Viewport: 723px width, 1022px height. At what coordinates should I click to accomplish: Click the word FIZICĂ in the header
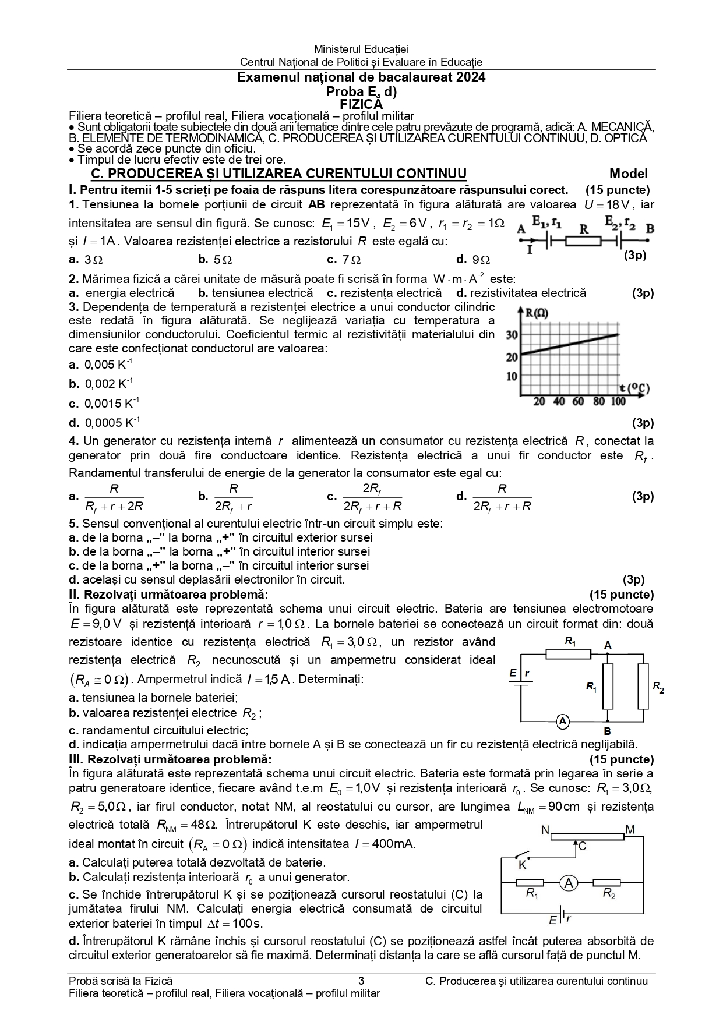click(x=361, y=104)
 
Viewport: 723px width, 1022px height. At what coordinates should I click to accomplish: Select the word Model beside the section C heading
click(x=628, y=174)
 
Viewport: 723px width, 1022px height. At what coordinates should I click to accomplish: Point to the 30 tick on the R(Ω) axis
click(x=512, y=335)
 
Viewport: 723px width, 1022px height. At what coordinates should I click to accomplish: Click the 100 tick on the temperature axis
click(x=618, y=401)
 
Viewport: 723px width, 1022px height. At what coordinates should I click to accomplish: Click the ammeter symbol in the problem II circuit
click(x=562, y=722)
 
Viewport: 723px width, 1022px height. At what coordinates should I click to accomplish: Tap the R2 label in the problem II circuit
click(x=658, y=687)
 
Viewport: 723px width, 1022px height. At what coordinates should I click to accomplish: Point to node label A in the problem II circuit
click(x=608, y=645)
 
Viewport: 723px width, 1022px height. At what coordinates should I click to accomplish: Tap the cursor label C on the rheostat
click(x=583, y=846)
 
